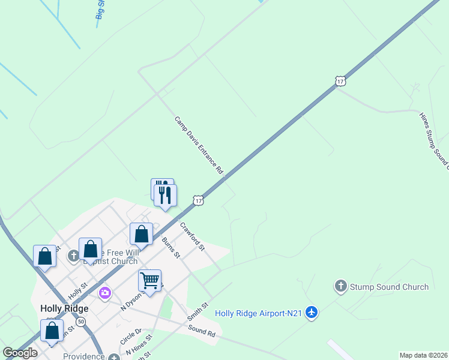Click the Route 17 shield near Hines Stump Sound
[x=340, y=80]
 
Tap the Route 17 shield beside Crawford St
[x=198, y=200]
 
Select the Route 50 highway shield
[x=81, y=322]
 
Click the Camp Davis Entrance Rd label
[x=199, y=145]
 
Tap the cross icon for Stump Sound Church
[x=341, y=286]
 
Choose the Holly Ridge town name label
[x=64, y=308]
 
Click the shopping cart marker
[x=149, y=280]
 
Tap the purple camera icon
[x=105, y=293]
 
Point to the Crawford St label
[x=193, y=236]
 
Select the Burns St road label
[x=171, y=247]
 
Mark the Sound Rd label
[x=201, y=329]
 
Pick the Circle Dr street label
[x=130, y=336]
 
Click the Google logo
[x=20, y=353]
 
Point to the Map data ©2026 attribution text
[x=424, y=355]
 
